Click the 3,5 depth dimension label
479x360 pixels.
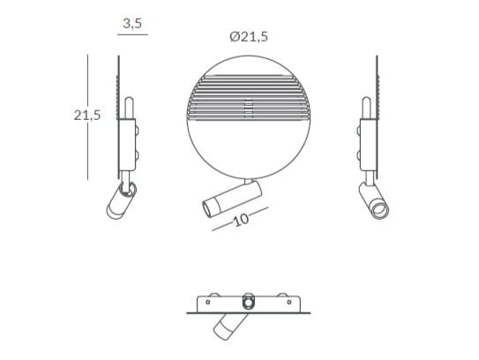[x=132, y=24]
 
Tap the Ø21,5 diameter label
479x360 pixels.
[x=248, y=36]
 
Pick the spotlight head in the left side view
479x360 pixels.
[x=116, y=204]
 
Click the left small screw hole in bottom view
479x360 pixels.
[x=213, y=301]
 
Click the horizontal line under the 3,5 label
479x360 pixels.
[x=132, y=36]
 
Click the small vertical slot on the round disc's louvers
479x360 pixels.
[x=248, y=108]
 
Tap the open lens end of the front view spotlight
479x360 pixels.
[x=206, y=208]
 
